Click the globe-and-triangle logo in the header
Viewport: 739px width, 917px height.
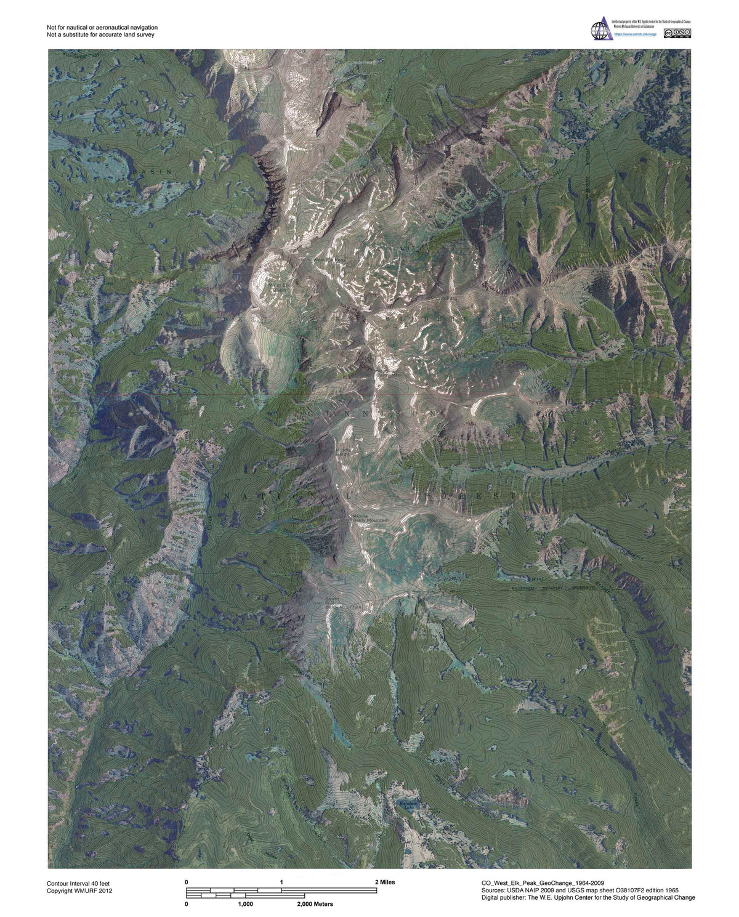click(x=600, y=30)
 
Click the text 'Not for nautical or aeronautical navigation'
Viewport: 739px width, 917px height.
click(x=102, y=27)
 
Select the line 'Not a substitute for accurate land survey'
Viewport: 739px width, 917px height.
click(x=100, y=34)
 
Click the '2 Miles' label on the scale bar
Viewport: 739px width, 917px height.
click(x=385, y=882)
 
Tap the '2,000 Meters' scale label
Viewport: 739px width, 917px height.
click(x=315, y=904)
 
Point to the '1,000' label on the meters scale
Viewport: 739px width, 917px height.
click(x=245, y=904)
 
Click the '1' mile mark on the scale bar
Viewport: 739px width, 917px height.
click(x=281, y=882)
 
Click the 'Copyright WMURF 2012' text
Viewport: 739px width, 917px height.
click(x=79, y=891)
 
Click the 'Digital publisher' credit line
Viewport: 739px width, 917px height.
click(x=588, y=897)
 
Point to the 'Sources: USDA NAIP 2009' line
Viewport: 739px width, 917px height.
click(x=580, y=890)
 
